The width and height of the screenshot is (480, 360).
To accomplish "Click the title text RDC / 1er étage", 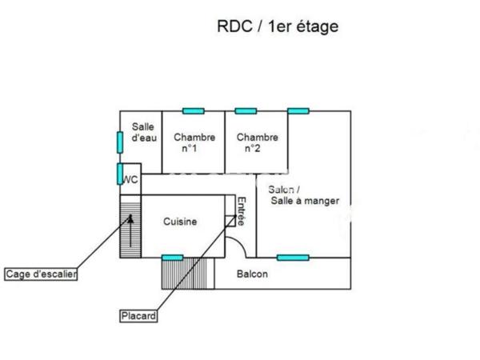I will tap(278, 26).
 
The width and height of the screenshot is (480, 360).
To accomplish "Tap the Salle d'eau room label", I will tap(143, 132).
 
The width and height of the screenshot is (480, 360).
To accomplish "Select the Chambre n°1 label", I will tap(194, 142).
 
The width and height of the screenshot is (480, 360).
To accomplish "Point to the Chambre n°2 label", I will tap(257, 142).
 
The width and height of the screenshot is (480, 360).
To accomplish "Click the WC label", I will tap(130, 180).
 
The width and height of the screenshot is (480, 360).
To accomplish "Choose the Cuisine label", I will tap(180, 222).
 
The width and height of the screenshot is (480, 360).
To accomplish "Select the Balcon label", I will tap(253, 274).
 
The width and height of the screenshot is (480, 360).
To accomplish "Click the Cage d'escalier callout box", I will tap(41, 274).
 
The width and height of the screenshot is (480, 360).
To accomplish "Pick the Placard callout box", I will tap(138, 315).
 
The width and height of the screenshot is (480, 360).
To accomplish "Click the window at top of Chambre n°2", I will tap(245, 110).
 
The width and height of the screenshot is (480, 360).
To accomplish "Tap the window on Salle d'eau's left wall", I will tap(119, 142).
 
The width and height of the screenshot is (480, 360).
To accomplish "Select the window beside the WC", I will tap(119, 174).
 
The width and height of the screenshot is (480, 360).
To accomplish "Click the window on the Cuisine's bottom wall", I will tap(172, 257).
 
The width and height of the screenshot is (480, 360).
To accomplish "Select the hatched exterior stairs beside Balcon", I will tap(188, 274).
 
